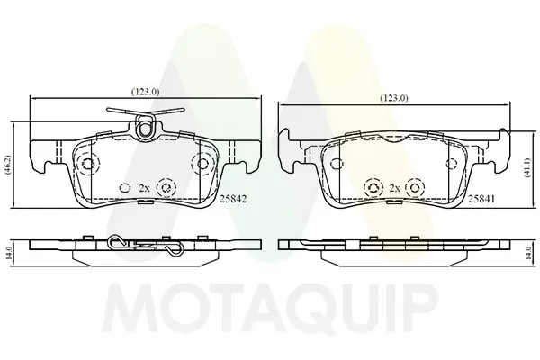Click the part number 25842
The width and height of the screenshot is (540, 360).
pos(233,199)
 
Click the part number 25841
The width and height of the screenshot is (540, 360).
pos(481,199)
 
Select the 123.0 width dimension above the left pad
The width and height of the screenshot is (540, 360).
pos(145,92)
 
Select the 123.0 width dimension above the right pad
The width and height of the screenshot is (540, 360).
pos(394,98)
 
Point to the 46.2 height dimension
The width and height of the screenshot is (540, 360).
pos(8,166)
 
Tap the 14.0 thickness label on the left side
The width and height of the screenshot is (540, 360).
pos(9,253)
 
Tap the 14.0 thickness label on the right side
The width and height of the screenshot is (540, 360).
pos(526,253)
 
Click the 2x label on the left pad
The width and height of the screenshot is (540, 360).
pos(144,188)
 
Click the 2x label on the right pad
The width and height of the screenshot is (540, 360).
pos(395,188)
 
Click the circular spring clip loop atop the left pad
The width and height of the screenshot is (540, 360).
pos(145,128)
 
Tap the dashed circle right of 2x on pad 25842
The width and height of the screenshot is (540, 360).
pos(166,188)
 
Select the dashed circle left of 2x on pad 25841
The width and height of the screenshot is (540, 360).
pos(373,188)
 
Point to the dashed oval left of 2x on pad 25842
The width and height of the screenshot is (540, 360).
pos(125,188)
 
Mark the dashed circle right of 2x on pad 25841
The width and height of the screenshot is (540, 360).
pos(415,188)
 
